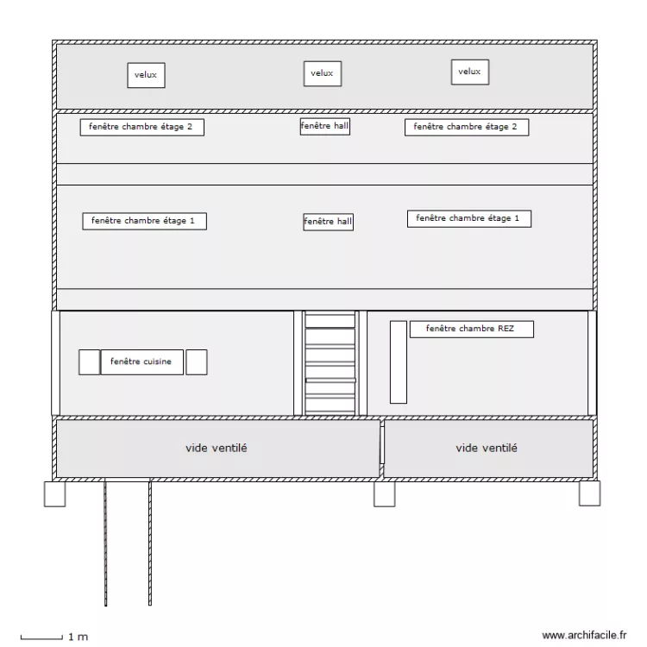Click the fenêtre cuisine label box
142,361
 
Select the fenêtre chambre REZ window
472,329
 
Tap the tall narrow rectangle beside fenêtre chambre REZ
399,361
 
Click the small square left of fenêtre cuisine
89,361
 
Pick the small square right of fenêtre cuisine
197,361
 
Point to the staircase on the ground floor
330,363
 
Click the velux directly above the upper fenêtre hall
323,73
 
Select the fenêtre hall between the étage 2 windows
325,126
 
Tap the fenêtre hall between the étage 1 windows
329,222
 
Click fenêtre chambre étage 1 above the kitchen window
144,221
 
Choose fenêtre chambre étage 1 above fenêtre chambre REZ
469,219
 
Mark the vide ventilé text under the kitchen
217,448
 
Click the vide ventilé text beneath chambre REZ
487,448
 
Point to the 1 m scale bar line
41,638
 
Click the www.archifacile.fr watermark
584,635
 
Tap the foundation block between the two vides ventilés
384,494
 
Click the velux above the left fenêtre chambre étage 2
146,75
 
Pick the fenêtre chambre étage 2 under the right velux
467,127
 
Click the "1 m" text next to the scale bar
78,637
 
